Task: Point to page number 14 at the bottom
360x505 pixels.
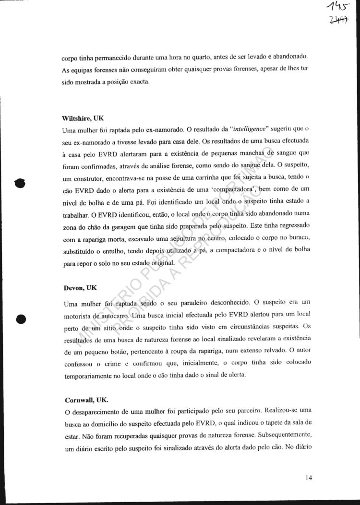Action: coord(308,478)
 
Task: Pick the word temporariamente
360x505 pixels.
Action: coord(94,376)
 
